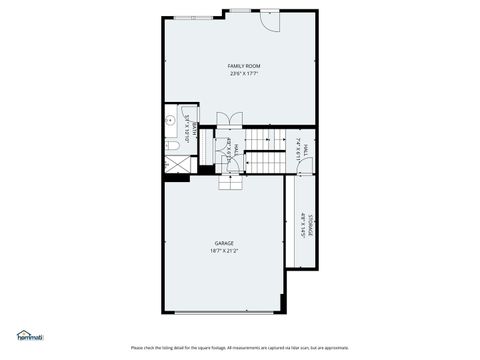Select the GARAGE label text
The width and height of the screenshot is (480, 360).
[224, 243]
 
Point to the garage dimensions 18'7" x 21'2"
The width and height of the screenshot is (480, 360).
[224, 251]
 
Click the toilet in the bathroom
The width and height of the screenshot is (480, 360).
[172, 146]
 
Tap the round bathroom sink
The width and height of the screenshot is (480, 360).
[171, 120]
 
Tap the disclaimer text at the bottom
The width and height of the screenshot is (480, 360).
[239, 347]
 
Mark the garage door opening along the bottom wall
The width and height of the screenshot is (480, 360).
[224, 312]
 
